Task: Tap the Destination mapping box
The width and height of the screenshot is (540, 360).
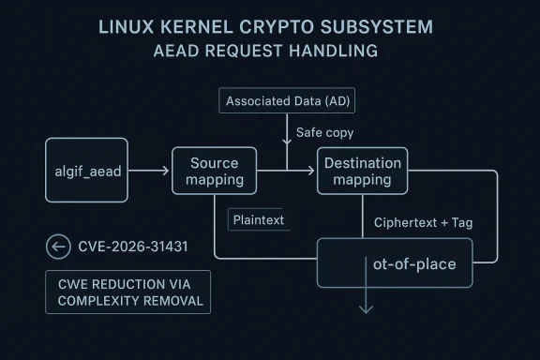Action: tap(362, 171)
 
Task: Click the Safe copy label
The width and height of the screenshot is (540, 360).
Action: tap(324, 133)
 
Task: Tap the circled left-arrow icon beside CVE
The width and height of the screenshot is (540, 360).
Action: tap(58, 247)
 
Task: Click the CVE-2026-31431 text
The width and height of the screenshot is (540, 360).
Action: tap(133, 247)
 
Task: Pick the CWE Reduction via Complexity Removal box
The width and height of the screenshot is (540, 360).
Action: tap(128, 292)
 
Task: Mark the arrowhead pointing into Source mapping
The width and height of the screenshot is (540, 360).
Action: tap(165, 172)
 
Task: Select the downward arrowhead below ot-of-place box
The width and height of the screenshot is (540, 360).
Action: tap(366, 308)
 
